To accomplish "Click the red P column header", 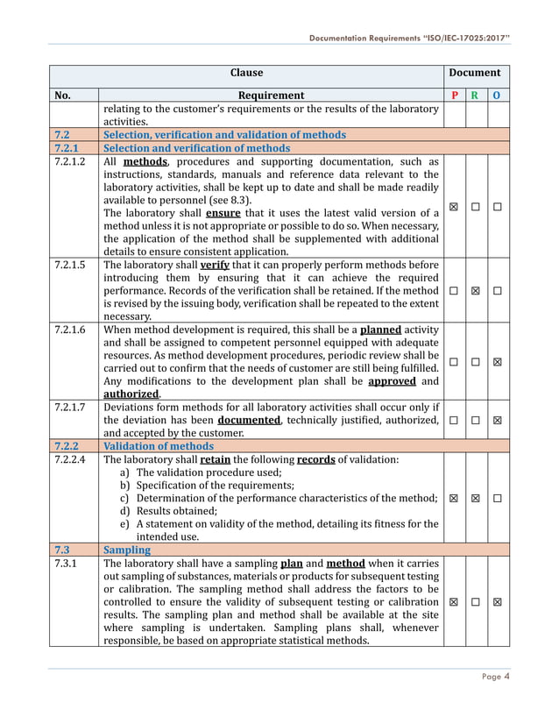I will (453, 96).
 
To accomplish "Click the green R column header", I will (475, 96).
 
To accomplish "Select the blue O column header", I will (497, 96).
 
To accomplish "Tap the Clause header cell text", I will (246, 73).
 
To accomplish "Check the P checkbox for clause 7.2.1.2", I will (453, 207).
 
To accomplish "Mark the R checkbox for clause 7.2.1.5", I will (475, 290).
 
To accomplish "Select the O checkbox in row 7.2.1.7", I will (497, 421).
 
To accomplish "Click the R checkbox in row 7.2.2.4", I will (475, 498).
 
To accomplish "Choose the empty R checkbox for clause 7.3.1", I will (475, 602).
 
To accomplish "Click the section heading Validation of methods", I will (159, 446).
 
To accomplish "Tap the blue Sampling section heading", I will (126, 550).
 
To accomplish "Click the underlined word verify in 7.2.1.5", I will (215, 264).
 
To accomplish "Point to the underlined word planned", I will (380, 330).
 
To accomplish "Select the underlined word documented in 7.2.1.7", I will (249, 421).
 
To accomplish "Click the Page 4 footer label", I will (495, 675).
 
